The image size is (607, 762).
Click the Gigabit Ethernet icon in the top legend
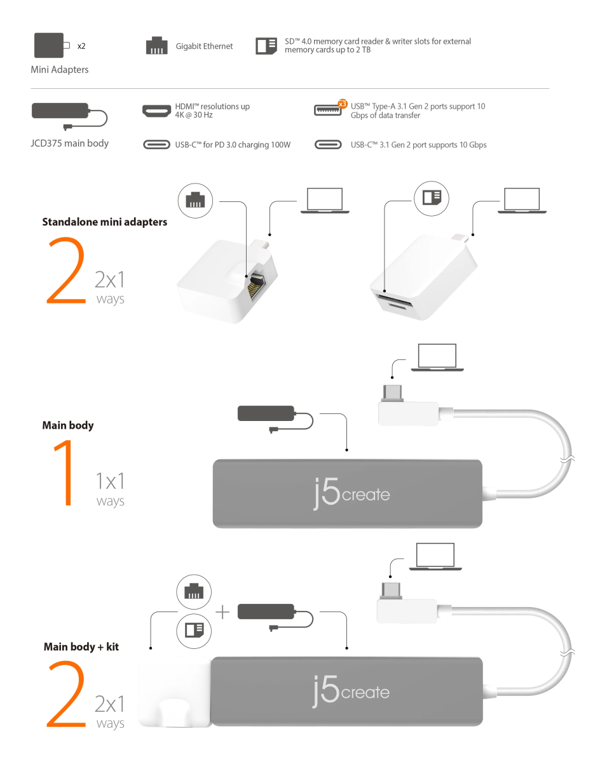point(156,45)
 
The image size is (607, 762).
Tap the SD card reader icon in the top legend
point(266,46)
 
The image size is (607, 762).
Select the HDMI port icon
point(156,111)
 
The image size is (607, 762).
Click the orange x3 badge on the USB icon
point(342,104)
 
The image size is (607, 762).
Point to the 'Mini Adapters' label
point(60,69)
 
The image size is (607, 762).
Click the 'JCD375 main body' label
point(69,143)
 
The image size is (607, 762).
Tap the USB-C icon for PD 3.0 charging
point(156,145)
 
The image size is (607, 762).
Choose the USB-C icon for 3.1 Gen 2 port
point(328,145)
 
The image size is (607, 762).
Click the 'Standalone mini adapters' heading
point(105,222)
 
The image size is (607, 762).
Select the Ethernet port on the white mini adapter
point(257,286)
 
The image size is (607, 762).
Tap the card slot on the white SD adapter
point(393,299)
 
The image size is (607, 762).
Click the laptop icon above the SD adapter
point(522,201)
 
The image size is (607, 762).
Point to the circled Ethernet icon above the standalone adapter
point(195,201)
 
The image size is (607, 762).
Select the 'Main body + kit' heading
point(81,646)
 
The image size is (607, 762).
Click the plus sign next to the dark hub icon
point(222,612)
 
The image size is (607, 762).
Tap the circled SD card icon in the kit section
point(194,631)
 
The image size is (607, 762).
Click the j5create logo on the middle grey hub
point(351,493)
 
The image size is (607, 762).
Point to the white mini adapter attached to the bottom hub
point(174,692)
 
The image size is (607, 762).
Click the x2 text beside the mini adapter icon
point(81,46)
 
